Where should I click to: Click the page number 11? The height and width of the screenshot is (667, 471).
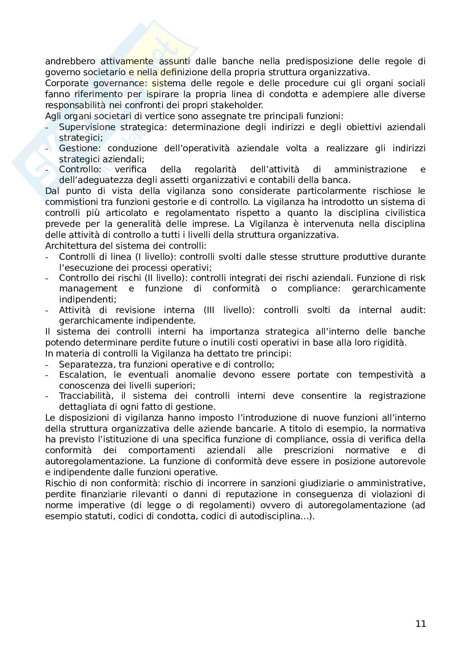420,623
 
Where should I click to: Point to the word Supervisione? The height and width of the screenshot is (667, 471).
87,127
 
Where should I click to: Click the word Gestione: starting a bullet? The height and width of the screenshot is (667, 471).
80,148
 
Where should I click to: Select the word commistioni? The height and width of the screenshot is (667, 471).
71,202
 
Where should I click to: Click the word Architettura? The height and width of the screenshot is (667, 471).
71,245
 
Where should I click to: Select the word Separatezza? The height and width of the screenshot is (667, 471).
84,364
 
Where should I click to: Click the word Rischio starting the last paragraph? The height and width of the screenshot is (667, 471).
60,483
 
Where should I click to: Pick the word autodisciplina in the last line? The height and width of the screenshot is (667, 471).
268,516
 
